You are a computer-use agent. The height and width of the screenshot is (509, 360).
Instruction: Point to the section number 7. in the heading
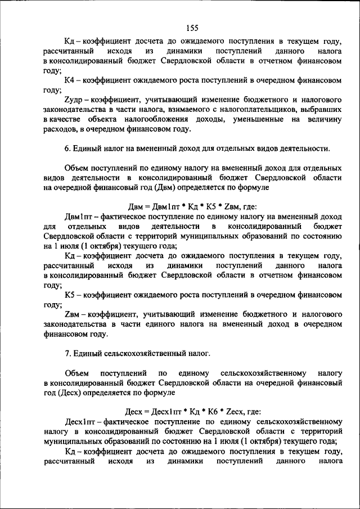click(68, 353)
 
